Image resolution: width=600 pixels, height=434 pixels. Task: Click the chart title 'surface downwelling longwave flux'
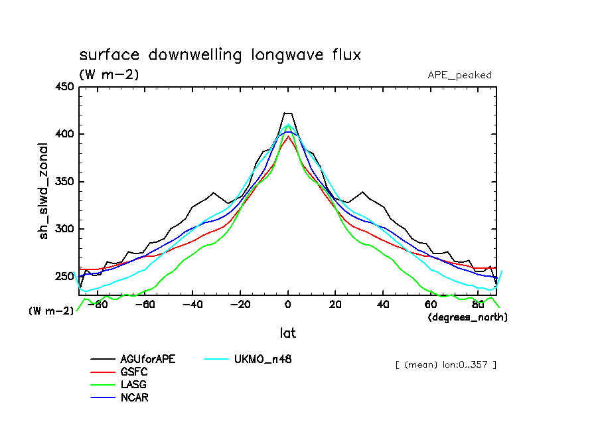tap(220, 55)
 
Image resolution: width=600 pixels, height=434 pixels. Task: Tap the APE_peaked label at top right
tap(459, 75)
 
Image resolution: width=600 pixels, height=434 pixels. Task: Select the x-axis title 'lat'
tap(287, 333)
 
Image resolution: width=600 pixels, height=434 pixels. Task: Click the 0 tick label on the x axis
tap(288, 305)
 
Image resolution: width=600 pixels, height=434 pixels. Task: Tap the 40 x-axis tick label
tap(383, 305)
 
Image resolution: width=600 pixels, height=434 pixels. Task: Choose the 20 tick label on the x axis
tap(335, 305)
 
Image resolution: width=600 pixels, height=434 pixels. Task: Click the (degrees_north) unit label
tap(468, 318)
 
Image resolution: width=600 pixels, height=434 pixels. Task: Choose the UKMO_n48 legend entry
tap(262, 360)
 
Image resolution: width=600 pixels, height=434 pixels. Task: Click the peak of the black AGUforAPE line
tap(288, 113)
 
